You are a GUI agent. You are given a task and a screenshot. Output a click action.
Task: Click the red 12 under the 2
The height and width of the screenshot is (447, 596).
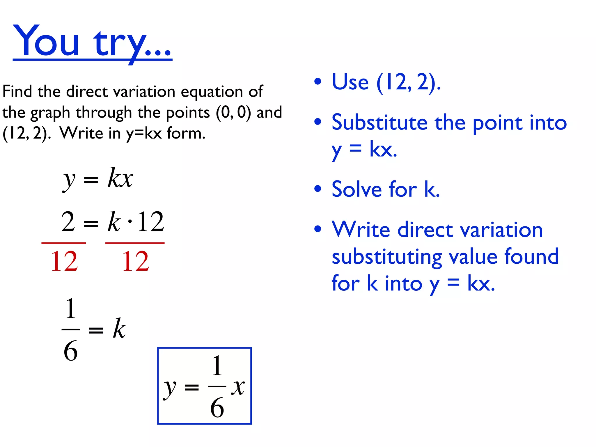pyautogui.click(x=64, y=261)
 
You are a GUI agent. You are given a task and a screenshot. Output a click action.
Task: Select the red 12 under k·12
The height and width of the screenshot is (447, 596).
pyautogui.click(x=136, y=261)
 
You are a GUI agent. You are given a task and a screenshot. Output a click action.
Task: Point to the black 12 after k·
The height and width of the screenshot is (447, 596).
pyautogui.click(x=150, y=222)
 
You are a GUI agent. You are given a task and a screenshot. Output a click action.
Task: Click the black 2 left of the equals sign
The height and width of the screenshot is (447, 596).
pyautogui.click(x=68, y=222)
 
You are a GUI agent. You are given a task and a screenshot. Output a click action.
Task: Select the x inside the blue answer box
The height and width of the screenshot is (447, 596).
pyautogui.click(x=238, y=387)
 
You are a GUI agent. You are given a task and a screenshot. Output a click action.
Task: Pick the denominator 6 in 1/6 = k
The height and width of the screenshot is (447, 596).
pyautogui.click(x=71, y=351)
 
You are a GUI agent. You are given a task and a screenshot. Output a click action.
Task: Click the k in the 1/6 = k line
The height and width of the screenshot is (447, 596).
pyautogui.click(x=119, y=329)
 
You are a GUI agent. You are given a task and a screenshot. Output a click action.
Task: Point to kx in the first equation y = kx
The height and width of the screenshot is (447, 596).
pyautogui.click(x=120, y=178)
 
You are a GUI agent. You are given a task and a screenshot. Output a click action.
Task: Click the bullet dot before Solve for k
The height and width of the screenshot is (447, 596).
pyautogui.click(x=318, y=189)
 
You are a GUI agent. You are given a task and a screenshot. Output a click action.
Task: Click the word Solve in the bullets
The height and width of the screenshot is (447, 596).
pyautogui.click(x=357, y=189)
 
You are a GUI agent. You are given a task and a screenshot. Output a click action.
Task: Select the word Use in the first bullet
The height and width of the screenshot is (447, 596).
pyautogui.click(x=350, y=82)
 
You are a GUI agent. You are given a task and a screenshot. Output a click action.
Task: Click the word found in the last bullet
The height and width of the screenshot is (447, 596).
pyautogui.click(x=531, y=256)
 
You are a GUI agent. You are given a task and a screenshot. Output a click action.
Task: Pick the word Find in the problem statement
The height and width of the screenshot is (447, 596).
pyautogui.click(x=17, y=91)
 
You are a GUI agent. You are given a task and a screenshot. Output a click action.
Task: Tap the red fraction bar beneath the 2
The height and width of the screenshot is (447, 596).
pyautogui.click(x=64, y=243)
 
